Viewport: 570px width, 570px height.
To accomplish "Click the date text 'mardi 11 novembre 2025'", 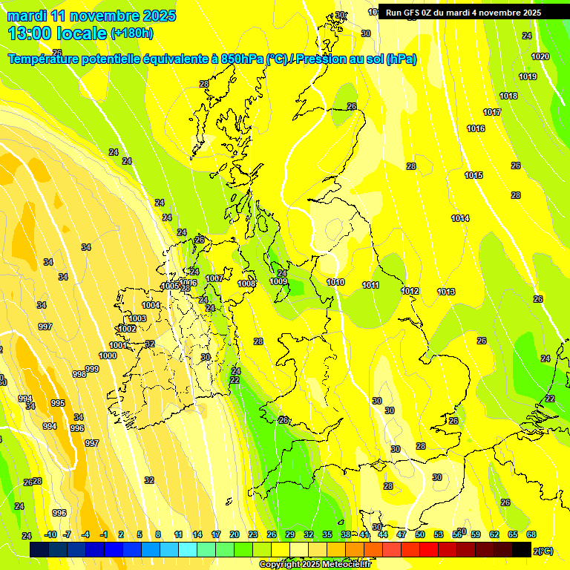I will [91, 16].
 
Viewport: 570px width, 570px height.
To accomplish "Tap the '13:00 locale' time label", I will [56, 33].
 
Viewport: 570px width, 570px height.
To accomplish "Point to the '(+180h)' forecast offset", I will [132, 33].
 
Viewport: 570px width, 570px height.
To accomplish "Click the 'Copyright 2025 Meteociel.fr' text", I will [315, 565].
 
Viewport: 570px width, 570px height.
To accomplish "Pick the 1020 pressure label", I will [540, 57].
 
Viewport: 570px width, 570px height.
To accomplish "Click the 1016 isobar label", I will [476, 129].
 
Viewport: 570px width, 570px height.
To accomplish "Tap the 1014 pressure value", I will [460, 218].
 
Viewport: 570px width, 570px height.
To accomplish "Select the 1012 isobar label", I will [410, 291].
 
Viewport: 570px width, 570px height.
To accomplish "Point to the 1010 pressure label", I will [335, 282].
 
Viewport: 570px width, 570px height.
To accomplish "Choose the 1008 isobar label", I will [246, 284].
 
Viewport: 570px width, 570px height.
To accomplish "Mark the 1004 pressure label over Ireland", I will [151, 305].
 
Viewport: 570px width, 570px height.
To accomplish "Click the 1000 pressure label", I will [108, 356].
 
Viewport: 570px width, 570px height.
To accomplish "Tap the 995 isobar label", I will [58, 403].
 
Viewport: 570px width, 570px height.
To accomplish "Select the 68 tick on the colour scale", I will [531, 534].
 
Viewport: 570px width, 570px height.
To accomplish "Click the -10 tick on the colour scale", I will [50, 534].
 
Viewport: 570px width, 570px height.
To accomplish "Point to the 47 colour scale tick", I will [401, 534].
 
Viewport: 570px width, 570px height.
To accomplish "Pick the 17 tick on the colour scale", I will [215, 534].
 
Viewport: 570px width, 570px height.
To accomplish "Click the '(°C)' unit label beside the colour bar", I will [544, 551].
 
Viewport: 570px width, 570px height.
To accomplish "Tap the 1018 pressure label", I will [508, 96].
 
